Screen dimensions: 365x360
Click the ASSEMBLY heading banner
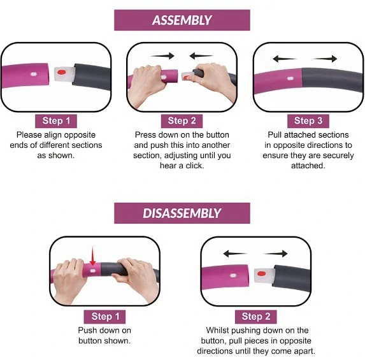point(182,20)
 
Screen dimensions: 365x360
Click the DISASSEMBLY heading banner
point(182,213)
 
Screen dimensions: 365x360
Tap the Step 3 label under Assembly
point(308,121)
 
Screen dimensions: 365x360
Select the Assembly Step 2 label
point(182,121)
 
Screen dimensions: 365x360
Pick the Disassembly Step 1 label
point(104,317)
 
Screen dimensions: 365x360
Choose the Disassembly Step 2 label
point(256,317)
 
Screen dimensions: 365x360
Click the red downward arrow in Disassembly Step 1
point(92,256)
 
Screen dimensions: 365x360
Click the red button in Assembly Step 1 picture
point(61,72)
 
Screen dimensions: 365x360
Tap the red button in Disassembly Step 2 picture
point(262,273)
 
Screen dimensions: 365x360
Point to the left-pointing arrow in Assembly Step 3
point(284,59)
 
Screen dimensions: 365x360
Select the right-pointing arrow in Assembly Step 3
point(326,59)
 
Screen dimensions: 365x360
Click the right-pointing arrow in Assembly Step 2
point(162,56)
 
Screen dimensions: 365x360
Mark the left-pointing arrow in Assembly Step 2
point(201,56)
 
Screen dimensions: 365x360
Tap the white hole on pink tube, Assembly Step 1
point(34,75)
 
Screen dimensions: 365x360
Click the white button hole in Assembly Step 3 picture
point(290,78)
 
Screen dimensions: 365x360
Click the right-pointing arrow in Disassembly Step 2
point(276,254)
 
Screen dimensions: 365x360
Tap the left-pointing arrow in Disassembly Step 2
point(235,254)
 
